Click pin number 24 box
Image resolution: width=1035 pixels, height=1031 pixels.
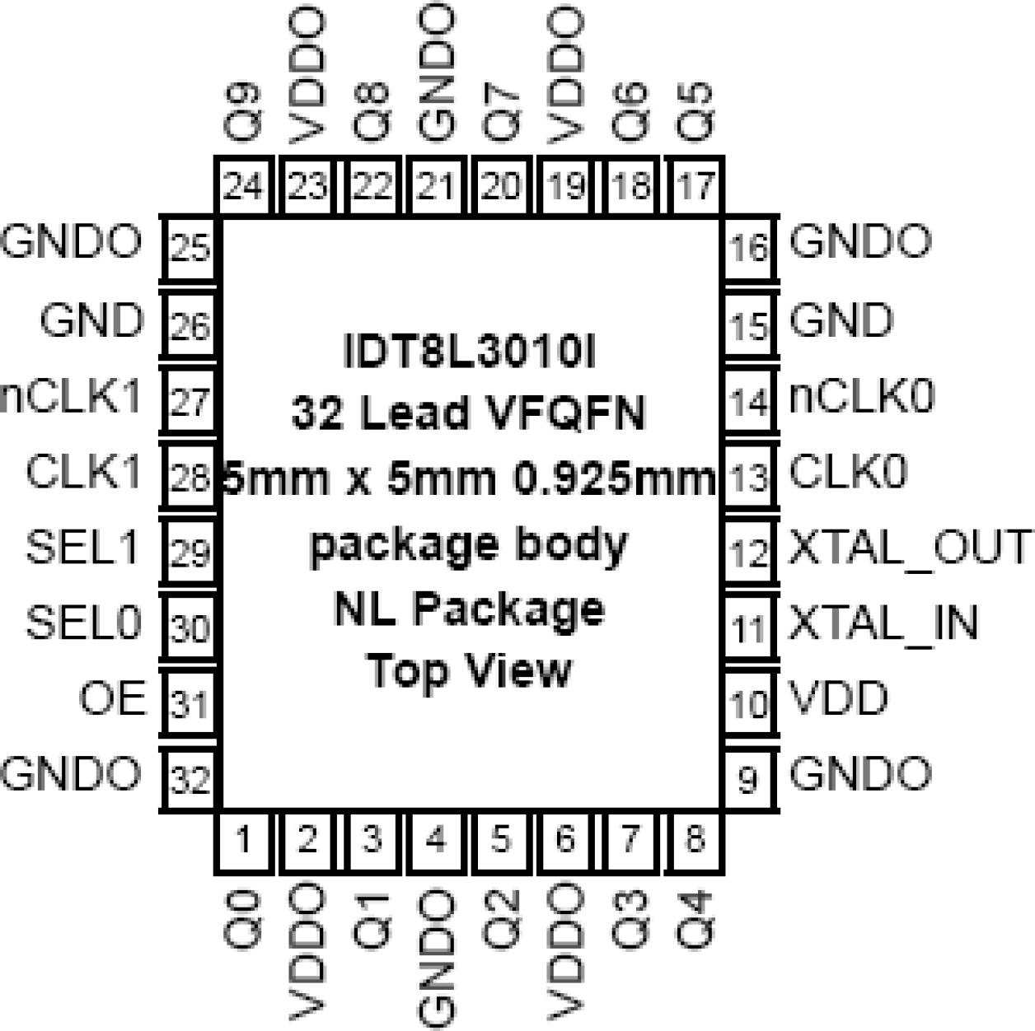click(x=243, y=187)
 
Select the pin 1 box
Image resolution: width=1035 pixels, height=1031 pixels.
click(x=243, y=841)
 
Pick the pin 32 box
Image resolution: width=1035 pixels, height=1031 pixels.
click(x=190, y=778)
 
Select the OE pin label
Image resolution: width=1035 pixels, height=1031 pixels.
click(x=112, y=699)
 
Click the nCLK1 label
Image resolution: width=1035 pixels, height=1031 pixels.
click(x=73, y=398)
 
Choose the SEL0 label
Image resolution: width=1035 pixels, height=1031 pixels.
click(x=84, y=623)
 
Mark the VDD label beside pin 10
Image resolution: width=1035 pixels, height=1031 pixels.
click(x=839, y=699)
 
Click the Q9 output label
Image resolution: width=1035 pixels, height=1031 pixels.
click(x=243, y=111)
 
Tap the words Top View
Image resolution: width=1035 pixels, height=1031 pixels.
click(x=469, y=670)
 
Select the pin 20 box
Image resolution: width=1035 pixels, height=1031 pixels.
click(x=500, y=187)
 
